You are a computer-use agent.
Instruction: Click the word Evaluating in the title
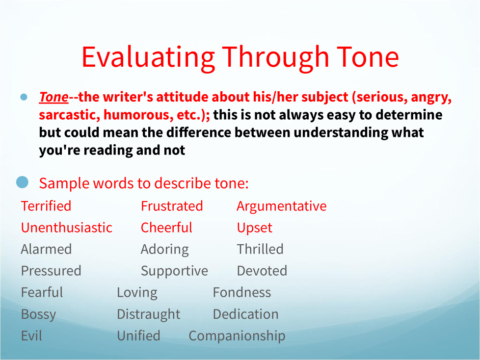point(149,58)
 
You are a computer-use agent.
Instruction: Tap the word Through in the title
point(275,58)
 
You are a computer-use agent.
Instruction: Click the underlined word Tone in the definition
point(53,97)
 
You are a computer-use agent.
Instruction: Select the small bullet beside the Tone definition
point(24,97)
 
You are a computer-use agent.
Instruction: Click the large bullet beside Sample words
point(23,182)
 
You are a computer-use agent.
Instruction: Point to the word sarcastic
point(69,115)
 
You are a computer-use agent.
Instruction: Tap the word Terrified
point(46,206)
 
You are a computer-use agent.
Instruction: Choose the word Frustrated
point(172,206)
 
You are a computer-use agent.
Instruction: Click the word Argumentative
point(282,206)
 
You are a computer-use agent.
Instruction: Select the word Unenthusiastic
point(66,228)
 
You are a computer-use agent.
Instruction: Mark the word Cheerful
point(166,228)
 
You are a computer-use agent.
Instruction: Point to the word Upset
point(254,228)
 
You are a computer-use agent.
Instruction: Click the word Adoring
point(165,250)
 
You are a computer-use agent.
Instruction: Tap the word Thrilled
point(260,249)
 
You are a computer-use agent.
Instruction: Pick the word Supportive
point(174,271)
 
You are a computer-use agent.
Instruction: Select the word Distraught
point(149,314)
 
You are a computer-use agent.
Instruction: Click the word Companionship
point(237,336)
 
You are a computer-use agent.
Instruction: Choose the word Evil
point(31,335)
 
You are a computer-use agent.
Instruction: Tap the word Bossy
point(39,314)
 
